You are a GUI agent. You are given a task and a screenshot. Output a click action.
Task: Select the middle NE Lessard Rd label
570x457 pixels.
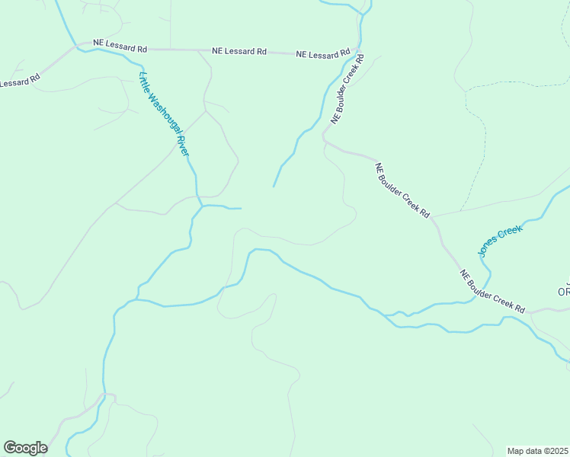[239, 52]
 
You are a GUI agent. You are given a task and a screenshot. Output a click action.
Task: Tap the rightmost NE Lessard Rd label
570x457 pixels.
[323, 55]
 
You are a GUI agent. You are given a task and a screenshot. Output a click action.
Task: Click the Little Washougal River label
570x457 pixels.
[164, 113]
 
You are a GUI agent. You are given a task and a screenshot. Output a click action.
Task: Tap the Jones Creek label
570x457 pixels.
[500, 240]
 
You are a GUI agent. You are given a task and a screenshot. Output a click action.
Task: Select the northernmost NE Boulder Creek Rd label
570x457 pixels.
[347, 90]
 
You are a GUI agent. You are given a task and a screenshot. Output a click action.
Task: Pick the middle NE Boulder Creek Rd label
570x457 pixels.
[403, 190]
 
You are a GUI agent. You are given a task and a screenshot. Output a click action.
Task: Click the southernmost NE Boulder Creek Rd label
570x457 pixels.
[492, 292]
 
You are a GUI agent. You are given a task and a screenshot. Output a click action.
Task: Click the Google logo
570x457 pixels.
[25, 448]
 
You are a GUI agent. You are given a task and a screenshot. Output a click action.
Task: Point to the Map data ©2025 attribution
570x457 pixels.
[538, 451]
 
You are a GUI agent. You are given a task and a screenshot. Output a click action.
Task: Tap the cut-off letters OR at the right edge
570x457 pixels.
[564, 292]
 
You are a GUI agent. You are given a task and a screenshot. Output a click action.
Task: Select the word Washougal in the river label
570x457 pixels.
[164, 113]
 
